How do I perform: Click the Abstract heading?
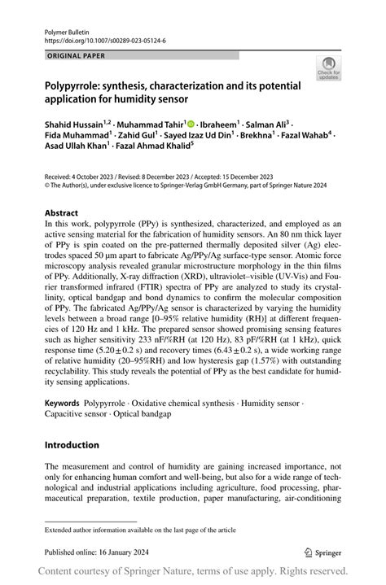(62, 212)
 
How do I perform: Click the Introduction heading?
(72, 445)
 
